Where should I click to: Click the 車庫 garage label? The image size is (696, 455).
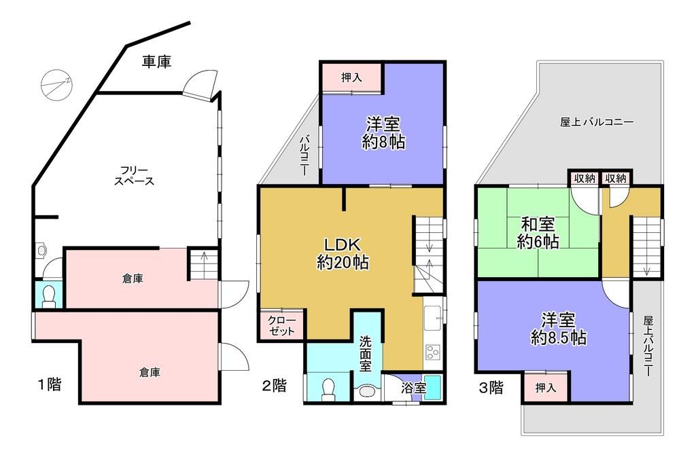point(157,62)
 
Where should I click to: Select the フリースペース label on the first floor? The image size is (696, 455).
point(134,176)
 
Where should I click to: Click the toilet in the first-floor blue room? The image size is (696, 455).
point(48,296)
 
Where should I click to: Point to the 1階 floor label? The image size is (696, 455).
point(49,384)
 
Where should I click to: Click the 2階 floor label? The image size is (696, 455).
point(274,385)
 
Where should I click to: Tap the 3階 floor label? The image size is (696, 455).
point(491,388)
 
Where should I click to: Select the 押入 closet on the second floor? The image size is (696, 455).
point(351,77)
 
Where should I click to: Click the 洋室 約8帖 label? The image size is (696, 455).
point(383,132)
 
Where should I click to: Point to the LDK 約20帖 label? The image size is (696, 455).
point(343,253)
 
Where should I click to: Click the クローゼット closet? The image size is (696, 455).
point(282,325)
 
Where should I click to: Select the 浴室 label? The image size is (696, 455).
point(414,388)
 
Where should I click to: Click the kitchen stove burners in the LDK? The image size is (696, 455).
point(432,352)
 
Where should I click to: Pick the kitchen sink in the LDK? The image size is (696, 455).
point(433,318)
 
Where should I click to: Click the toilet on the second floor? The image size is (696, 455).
point(329,389)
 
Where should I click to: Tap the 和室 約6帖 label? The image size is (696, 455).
point(538,232)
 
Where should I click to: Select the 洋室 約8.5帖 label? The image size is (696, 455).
point(559,329)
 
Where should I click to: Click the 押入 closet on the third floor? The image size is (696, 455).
point(546,387)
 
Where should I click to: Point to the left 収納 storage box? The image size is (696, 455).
point(584,179)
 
